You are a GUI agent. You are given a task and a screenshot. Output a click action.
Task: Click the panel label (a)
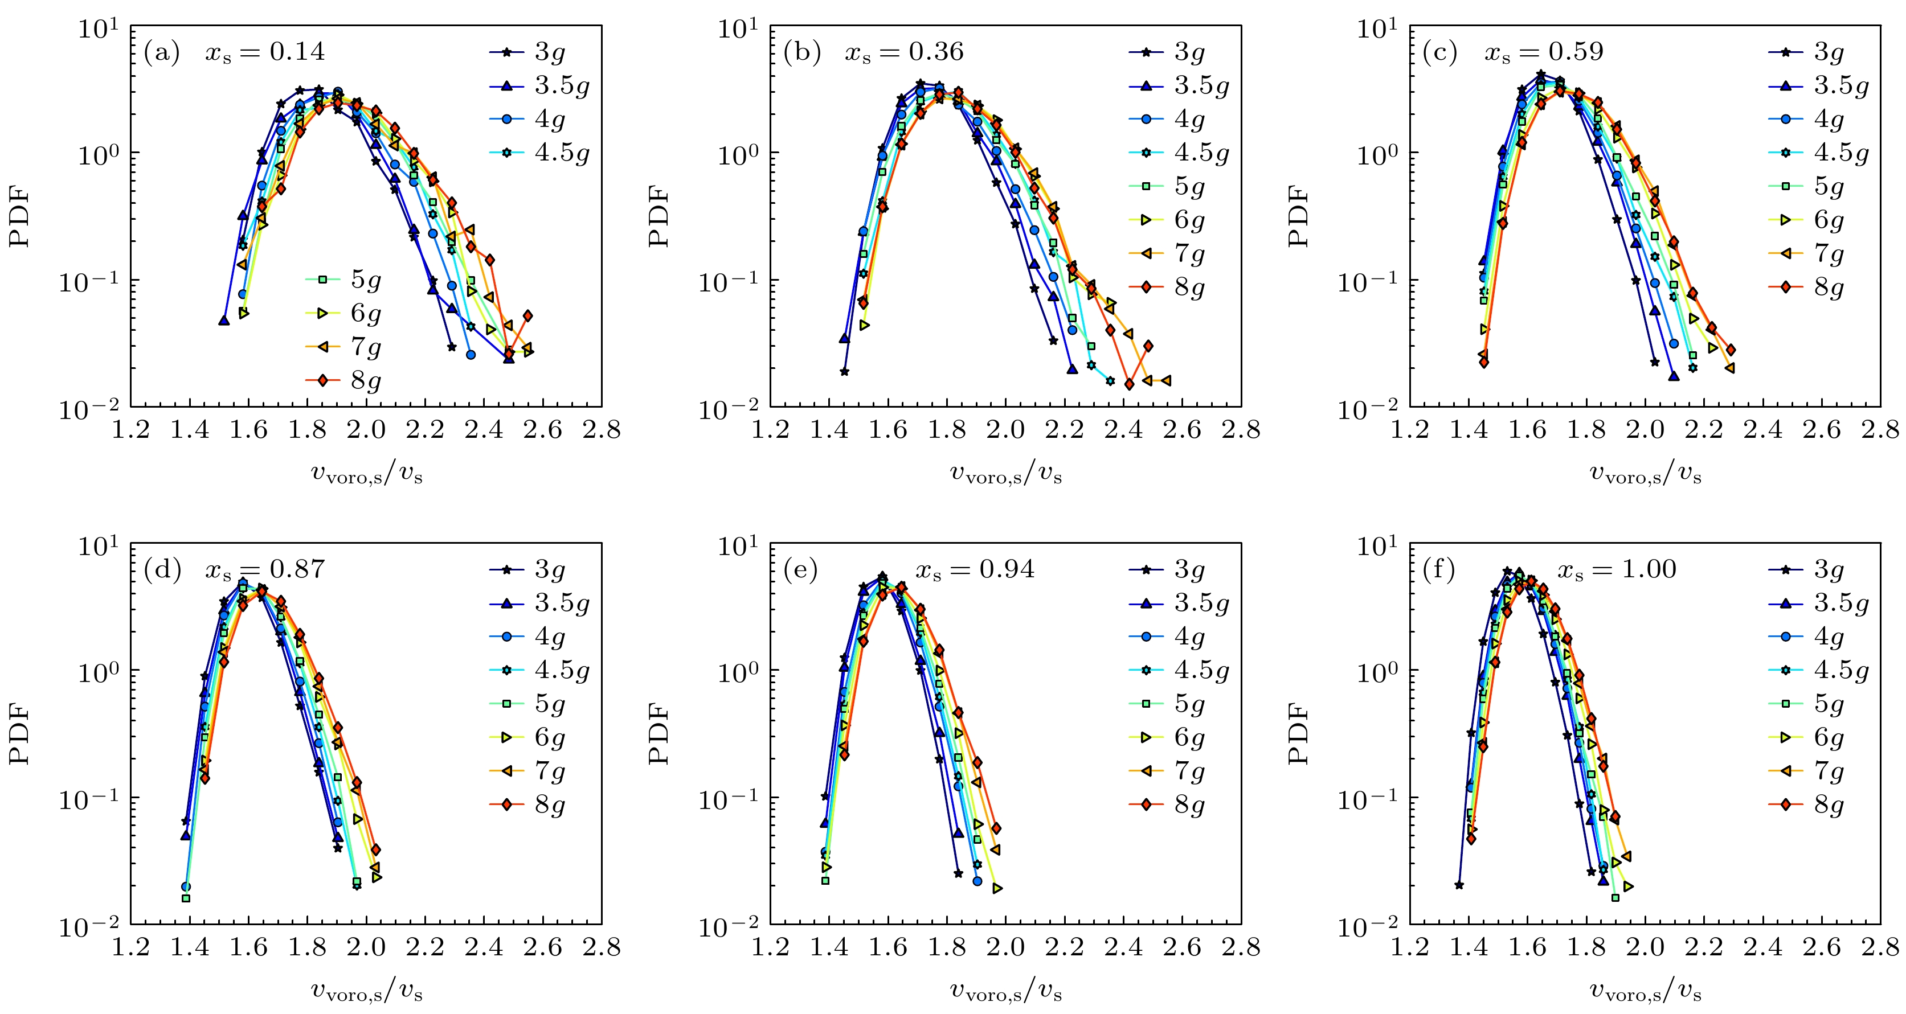(x=162, y=52)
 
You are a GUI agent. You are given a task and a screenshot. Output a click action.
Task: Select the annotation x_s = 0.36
(x=904, y=52)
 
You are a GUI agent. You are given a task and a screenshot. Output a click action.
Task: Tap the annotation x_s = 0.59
(x=1544, y=52)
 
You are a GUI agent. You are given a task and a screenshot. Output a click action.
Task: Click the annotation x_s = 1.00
(x=1617, y=569)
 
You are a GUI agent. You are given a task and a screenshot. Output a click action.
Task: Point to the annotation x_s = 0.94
(x=975, y=569)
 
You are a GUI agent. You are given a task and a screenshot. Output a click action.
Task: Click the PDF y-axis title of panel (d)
(x=20, y=734)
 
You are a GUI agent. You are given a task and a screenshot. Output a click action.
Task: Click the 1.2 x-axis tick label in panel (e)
(x=770, y=948)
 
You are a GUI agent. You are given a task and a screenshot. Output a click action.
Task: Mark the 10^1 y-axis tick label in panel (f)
(x=1378, y=547)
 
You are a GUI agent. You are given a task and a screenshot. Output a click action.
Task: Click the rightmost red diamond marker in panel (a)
(x=527, y=316)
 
